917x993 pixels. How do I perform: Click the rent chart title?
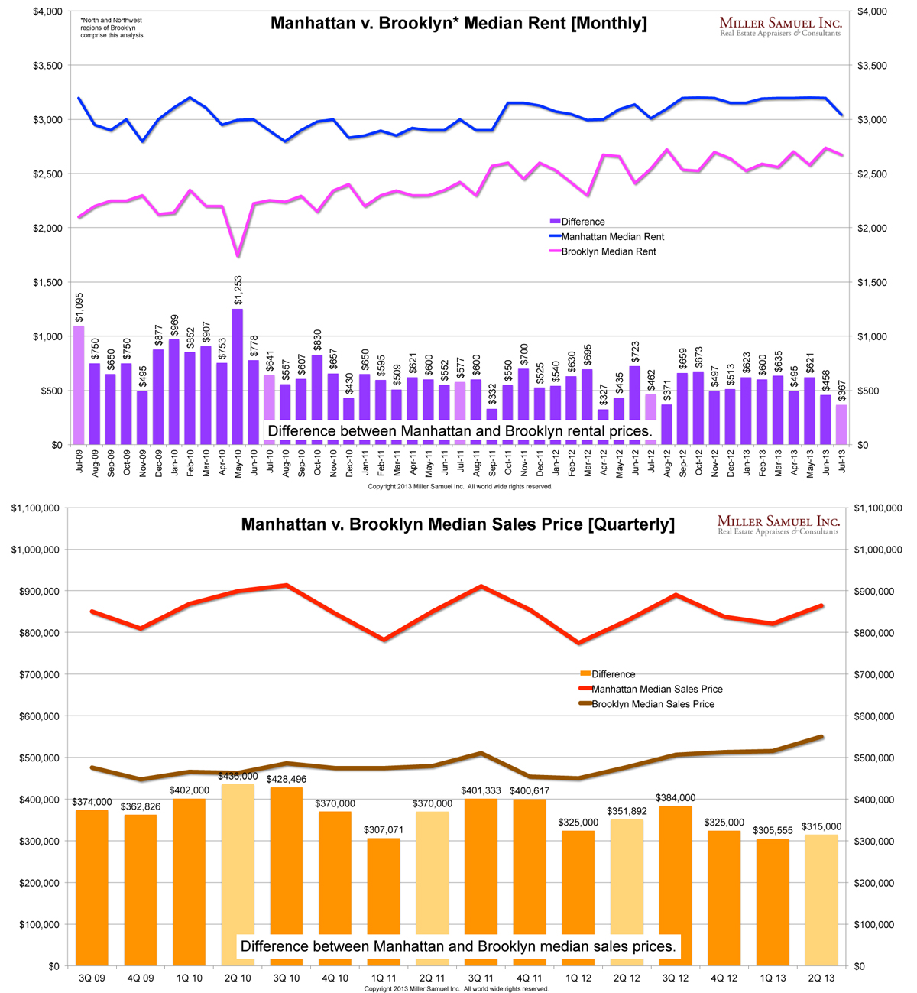[458, 24]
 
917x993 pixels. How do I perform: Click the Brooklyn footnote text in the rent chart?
[112, 28]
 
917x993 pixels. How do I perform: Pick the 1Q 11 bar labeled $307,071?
[384, 902]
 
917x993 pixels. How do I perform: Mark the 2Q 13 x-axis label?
[822, 978]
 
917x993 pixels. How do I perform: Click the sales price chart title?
[458, 524]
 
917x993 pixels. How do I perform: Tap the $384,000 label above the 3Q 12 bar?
[676, 797]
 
